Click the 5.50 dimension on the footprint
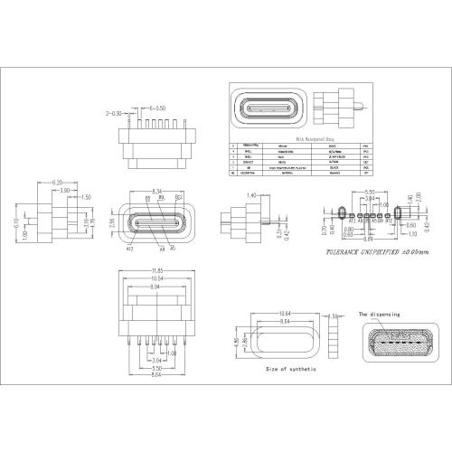pyautogui.click(x=369, y=192)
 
